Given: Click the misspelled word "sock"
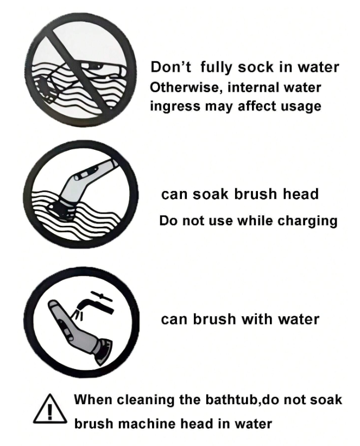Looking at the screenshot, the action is point(256,67).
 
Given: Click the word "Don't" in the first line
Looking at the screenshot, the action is point(170,67).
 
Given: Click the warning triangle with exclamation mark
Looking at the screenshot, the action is point(50,409).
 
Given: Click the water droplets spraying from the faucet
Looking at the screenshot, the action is point(78,315).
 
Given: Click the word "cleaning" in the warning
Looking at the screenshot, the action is point(146,400).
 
